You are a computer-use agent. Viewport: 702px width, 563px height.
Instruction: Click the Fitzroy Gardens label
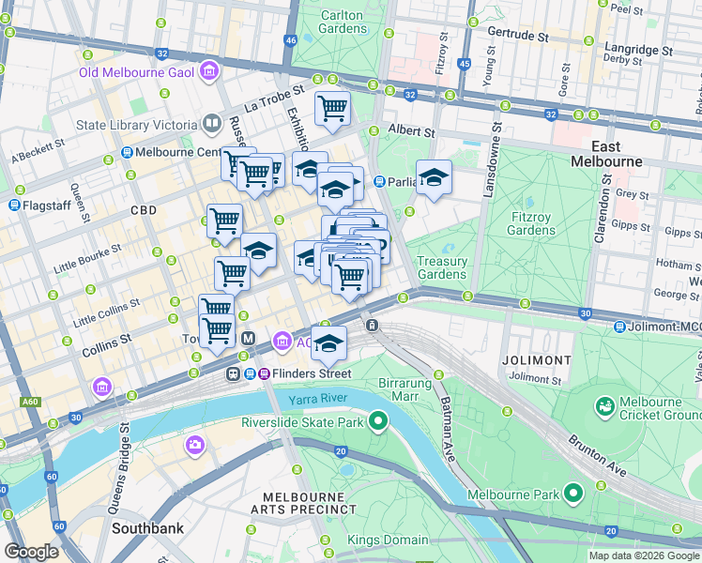point(532,223)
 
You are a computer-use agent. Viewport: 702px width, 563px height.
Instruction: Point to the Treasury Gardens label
point(441,267)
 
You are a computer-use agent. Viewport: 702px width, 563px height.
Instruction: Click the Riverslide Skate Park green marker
point(378,421)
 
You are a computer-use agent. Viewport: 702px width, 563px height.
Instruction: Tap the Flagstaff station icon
point(15,204)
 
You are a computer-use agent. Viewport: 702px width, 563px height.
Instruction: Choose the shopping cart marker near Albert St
point(332,109)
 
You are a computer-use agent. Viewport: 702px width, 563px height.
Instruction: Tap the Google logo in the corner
point(31,552)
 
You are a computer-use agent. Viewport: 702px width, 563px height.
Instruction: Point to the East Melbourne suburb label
point(605,154)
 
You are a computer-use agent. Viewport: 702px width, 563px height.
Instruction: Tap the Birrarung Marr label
point(404,389)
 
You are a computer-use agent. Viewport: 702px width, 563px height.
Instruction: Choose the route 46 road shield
point(291,40)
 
